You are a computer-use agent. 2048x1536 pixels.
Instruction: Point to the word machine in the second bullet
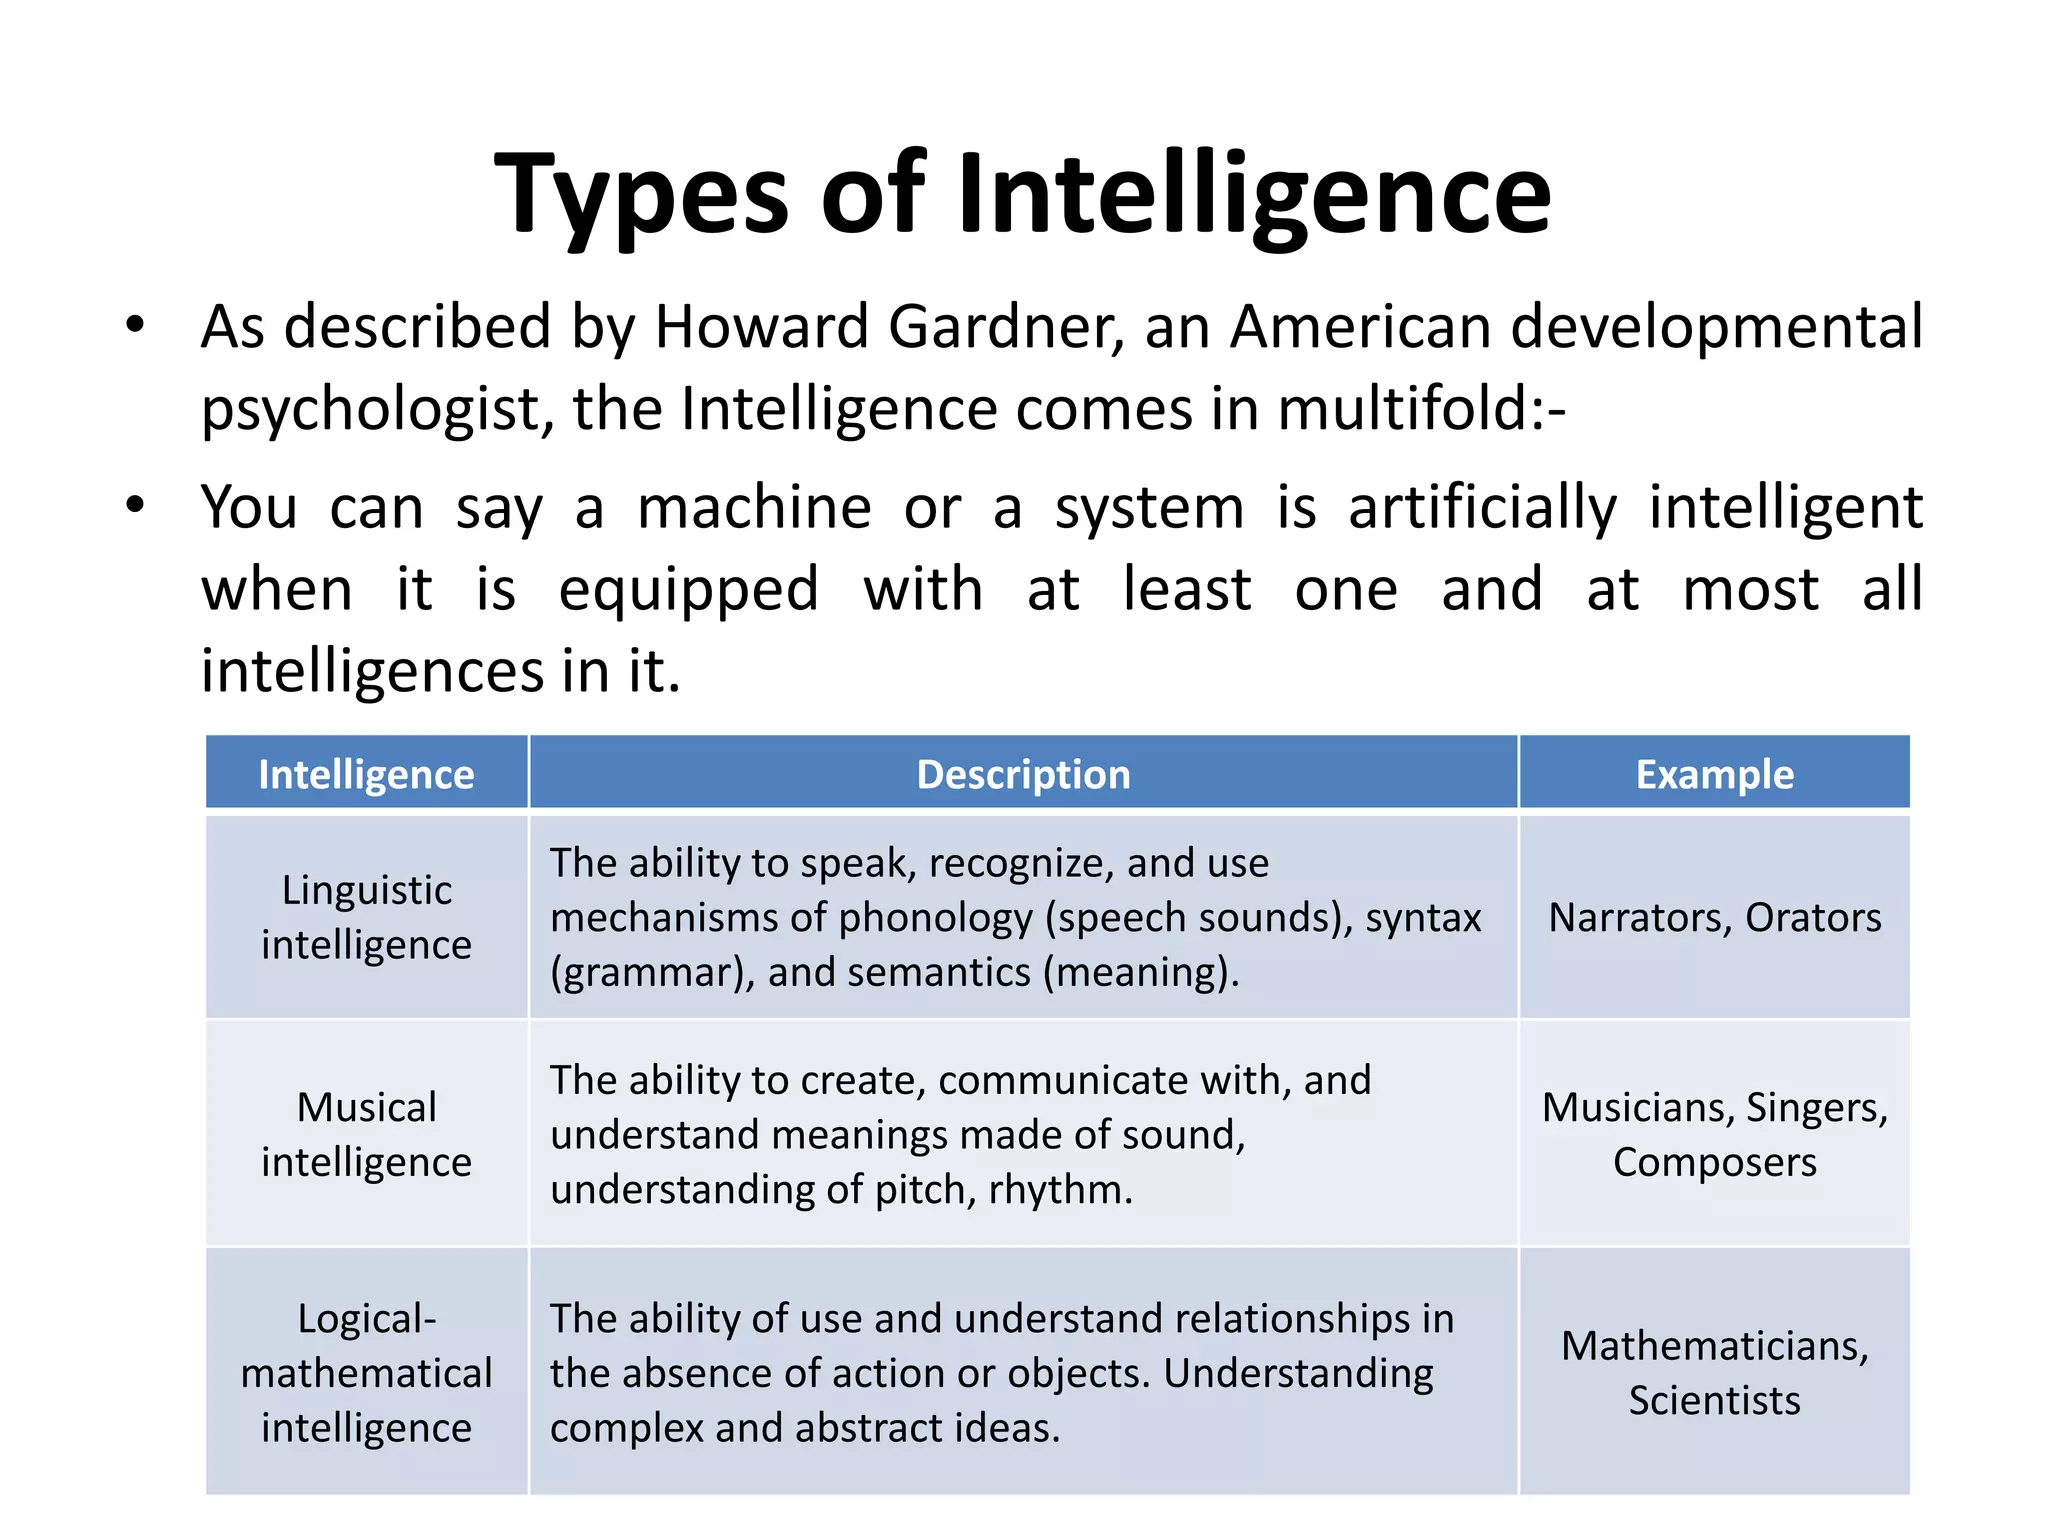(x=755, y=507)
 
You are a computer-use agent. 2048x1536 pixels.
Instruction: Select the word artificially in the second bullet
(x=1482, y=507)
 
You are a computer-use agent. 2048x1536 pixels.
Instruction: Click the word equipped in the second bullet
(x=689, y=589)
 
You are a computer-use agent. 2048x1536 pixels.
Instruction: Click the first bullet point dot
(x=136, y=325)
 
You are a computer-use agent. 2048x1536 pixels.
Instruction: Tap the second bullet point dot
(x=136, y=505)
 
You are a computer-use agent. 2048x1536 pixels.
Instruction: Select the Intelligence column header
(x=366, y=775)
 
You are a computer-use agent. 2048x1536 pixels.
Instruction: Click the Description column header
(x=1023, y=775)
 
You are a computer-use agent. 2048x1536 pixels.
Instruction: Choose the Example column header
(x=1714, y=775)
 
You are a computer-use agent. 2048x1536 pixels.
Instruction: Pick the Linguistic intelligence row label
(x=366, y=917)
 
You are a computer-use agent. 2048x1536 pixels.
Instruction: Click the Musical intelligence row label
(x=366, y=1134)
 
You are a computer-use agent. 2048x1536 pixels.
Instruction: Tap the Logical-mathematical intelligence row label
(x=366, y=1373)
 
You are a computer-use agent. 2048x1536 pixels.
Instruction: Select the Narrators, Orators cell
(x=1714, y=917)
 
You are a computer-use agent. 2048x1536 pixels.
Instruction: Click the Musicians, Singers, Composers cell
(x=1714, y=1134)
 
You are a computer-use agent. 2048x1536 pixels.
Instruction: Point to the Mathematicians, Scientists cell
(x=1714, y=1373)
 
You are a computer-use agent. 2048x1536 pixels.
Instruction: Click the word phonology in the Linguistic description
(x=936, y=918)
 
